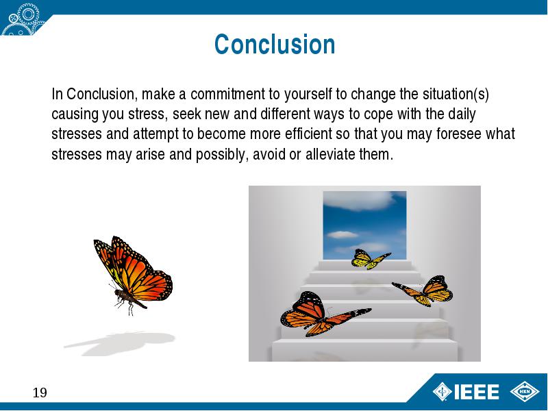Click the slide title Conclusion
(275, 45)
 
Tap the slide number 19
(40, 393)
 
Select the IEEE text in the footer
(476, 392)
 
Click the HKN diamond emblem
(525, 391)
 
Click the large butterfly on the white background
(134, 275)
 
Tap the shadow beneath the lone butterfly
(119, 344)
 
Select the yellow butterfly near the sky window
(371, 259)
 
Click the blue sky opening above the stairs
(364, 225)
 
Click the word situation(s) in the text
(456, 95)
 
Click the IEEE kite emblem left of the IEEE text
(443, 391)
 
